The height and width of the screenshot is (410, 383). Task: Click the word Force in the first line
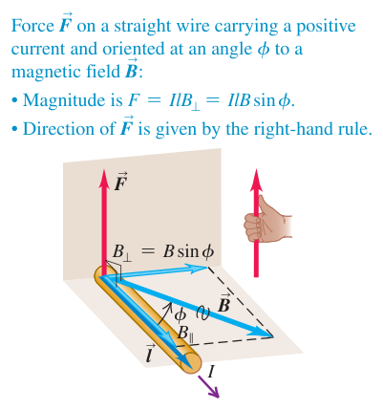pyautogui.click(x=32, y=26)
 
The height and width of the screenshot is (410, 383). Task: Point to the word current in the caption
pyautogui.click(x=39, y=50)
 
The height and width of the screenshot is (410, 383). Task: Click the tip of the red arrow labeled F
pyautogui.click(x=103, y=170)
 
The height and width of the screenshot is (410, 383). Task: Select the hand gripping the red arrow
pyautogui.click(x=267, y=220)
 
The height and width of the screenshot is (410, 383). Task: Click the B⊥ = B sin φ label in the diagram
pyautogui.click(x=163, y=252)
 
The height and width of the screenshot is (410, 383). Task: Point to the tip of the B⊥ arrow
pyautogui.click(x=207, y=268)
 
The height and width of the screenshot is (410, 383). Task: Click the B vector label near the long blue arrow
pyautogui.click(x=223, y=302)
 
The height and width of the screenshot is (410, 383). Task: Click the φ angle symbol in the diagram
pyautogui.click(x=180, y=314)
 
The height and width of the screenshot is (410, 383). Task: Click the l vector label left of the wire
pyautogui.click(x=149, y=354)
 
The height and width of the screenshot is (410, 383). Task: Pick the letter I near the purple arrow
pyautogui.click(x=210, y=372)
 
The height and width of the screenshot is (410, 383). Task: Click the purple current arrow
pyautogui.click(x=209, y=386)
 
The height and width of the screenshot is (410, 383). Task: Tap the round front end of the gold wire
pyautogui.click(x=191, y=363)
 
